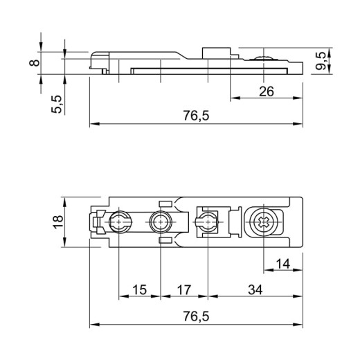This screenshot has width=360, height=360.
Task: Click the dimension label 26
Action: [267, 91]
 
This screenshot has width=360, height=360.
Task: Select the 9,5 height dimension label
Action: [321, 61]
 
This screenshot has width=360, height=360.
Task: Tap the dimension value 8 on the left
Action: [35, 63]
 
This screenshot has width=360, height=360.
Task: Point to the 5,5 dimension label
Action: [57, 104]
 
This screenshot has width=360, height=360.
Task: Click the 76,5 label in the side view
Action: [196, 116]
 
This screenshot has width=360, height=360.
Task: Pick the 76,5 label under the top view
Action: [196, 316]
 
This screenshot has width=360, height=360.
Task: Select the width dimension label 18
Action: [58, 222]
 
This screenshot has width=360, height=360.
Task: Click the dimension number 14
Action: [283, 264]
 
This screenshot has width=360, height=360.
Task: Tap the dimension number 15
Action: [140, 290]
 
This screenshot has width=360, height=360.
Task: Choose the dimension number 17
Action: [184, 290]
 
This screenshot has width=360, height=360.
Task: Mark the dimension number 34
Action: [255, 290]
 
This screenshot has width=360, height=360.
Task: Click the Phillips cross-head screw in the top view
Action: [264, 222]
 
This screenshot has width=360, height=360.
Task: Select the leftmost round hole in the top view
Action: [119, 222]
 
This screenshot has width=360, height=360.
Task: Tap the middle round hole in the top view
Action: [161, 222]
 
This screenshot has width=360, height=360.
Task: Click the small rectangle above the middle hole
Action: [165, 204]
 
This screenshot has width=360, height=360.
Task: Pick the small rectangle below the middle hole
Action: [165, 241]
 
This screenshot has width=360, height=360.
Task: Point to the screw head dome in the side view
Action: [264, 57]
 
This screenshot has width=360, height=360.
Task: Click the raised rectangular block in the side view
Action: [217, 53]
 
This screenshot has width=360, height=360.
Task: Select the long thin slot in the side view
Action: [209, 71]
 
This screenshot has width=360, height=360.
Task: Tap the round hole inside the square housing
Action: [207, 222]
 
